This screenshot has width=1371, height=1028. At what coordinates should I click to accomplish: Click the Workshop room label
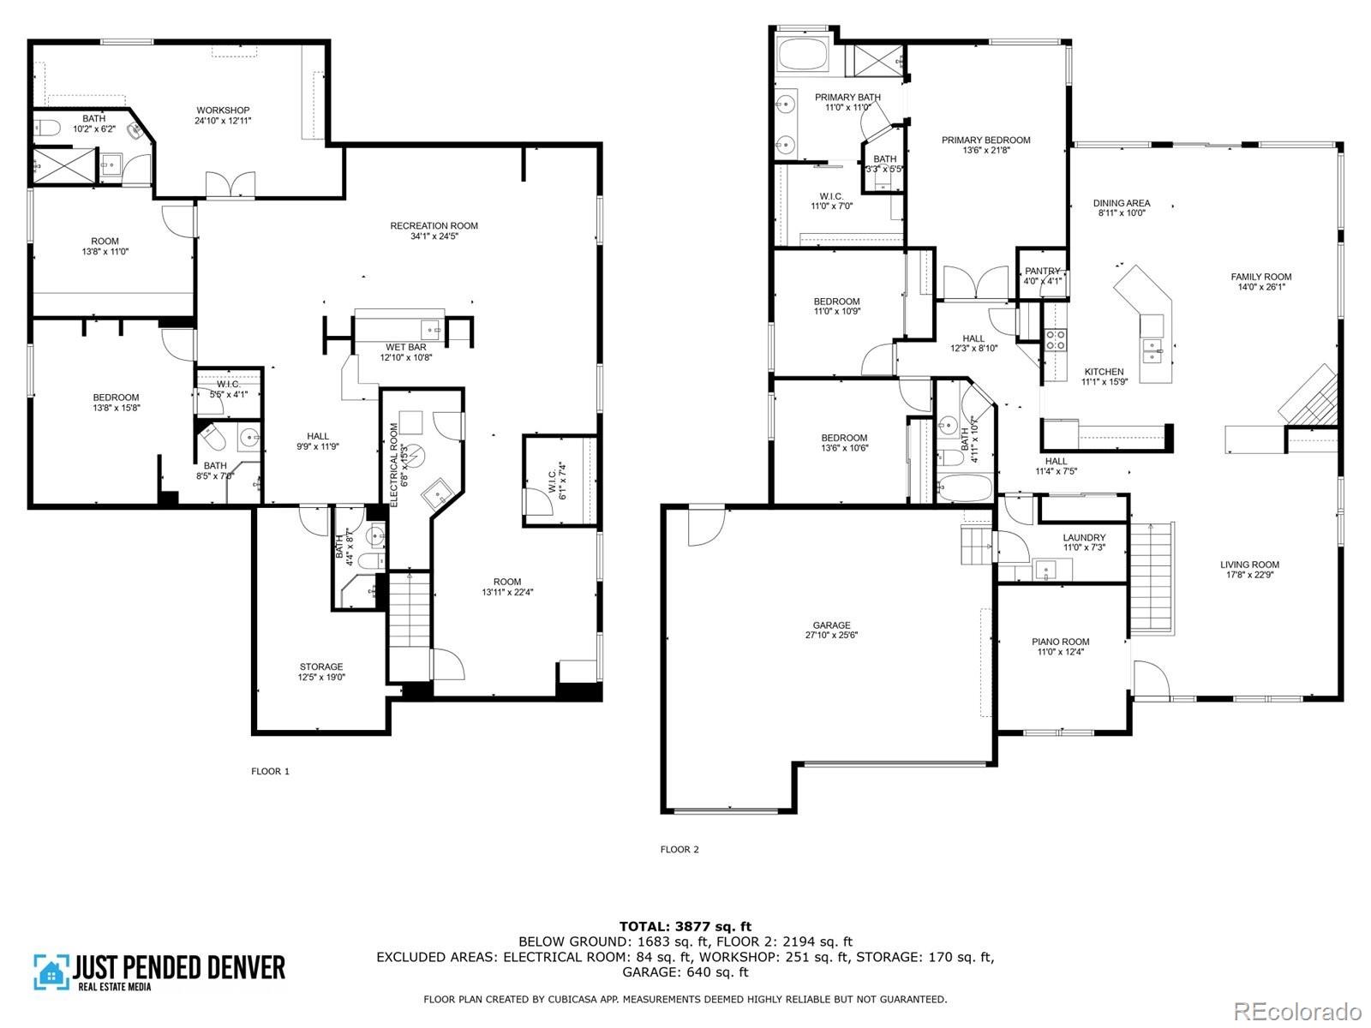(x=223, y=111)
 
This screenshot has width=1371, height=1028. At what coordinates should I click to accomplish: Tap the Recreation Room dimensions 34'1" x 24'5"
(x=434, y=236)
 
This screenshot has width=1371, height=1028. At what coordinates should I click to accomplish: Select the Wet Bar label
(x=406, y=347)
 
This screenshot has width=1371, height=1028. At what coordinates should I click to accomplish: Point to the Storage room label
(x=321, y=666)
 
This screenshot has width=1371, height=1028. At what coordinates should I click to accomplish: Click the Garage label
(x=832, y=625)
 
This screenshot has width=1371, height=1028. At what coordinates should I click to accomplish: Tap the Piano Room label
(x=1061, y=642)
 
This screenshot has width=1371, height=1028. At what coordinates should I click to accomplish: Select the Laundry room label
(x=1085, y=538)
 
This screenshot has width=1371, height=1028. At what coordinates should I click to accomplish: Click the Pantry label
(x=1043, y=271)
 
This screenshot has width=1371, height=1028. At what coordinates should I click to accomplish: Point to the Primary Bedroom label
(x=985, y=140)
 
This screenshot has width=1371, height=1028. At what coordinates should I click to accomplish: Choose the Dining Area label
(x=1122, y=203)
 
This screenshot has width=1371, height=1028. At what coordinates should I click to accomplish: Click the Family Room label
(x=1261, y=277)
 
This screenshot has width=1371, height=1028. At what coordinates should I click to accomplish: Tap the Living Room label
(x=1250, y=565)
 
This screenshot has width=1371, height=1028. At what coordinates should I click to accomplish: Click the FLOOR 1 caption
(x=270, y=771)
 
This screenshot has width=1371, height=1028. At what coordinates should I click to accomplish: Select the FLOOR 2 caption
(x=680, y=850)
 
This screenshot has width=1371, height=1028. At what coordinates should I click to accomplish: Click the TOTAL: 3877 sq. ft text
(x=685, y=926)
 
